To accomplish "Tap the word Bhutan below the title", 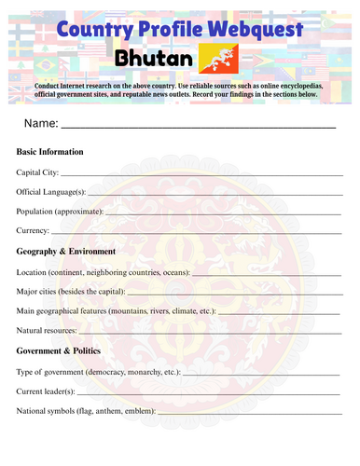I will (154, 60).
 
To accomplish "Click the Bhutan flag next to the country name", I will (220, 59).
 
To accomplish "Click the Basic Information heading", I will (50, 151).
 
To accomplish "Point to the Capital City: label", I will (38, 171).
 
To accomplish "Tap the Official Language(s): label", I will (51, 191).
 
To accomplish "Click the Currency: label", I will (33, 231).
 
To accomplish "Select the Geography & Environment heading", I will (66, 252).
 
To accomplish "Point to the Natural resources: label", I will (51, 331).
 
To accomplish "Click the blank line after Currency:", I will (196, 233).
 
